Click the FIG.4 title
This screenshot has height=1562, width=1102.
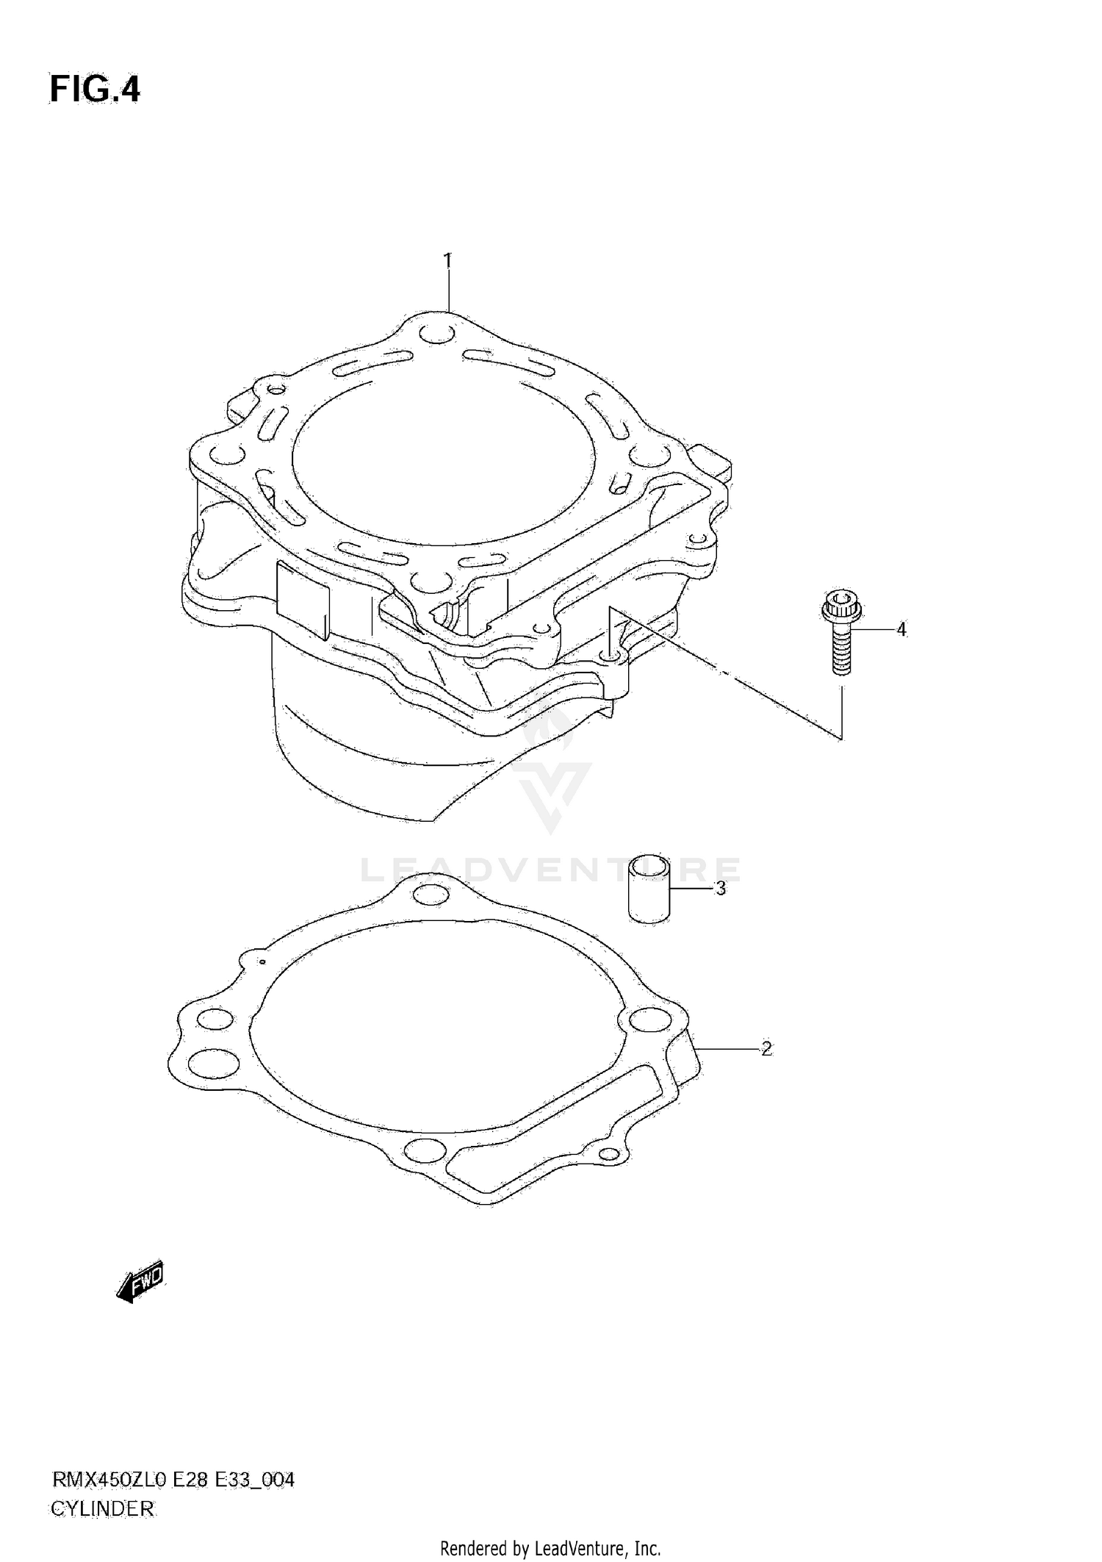coord(95,90)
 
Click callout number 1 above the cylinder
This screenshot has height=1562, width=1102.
coord(447,261)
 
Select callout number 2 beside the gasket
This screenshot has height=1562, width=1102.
coord(766,1049)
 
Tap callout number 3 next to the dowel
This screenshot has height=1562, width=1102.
coord(721,889)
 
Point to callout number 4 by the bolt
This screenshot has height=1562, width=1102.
coord(901,630)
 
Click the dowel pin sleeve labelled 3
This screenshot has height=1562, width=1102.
coord(649,889)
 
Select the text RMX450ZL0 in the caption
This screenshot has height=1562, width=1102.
coord(109,1480)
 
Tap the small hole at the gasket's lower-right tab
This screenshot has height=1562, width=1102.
coord(609,1155)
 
